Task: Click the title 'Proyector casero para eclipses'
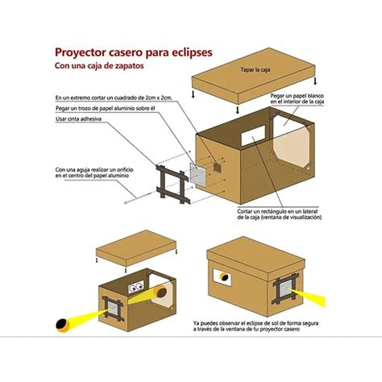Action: coord(133,51)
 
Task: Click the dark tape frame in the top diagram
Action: coord(173,185)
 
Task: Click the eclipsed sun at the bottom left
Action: coord(61,326)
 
